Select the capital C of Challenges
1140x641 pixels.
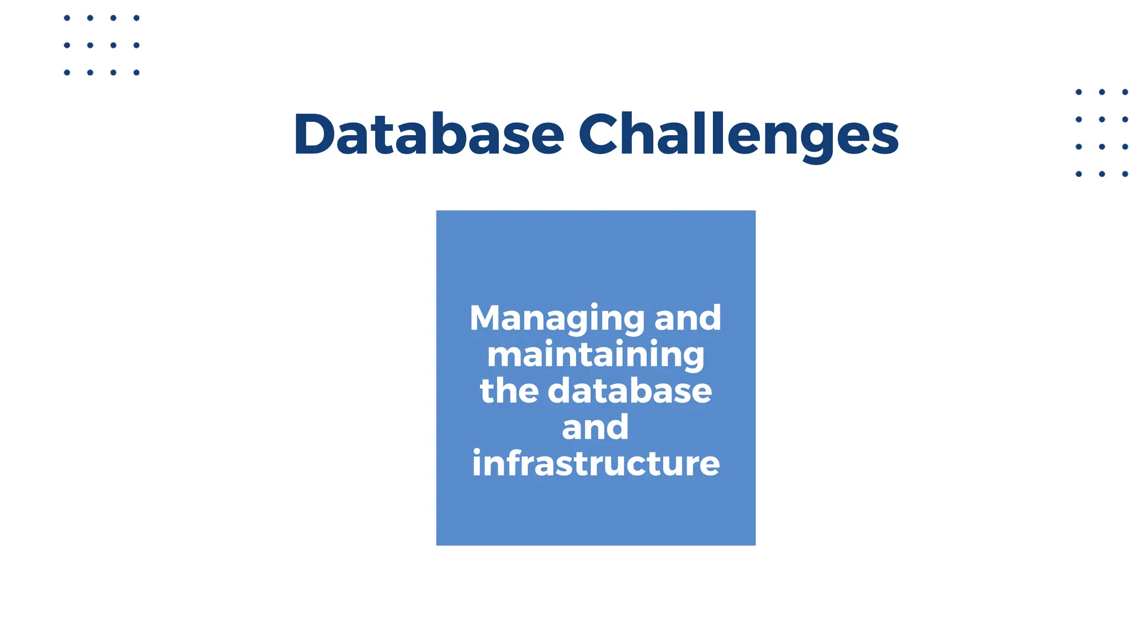[x=601, y=135]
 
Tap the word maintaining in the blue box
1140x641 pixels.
[x=596, y=356]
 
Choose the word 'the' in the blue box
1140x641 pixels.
[x=509, y=391]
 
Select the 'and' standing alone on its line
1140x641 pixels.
[x=595, y=427]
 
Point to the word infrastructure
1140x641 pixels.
[x=596, y=463]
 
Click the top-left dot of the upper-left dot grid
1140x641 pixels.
[x=67, y=18]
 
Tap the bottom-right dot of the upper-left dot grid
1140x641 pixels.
[x=136, y=72]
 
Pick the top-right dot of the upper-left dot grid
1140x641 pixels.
[x=136, y=18]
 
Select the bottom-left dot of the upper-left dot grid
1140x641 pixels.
[x=67, y=72]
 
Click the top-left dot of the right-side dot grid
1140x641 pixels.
[x=1079, y=92]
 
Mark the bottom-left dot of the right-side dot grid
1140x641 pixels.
[x=1079, y=174]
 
